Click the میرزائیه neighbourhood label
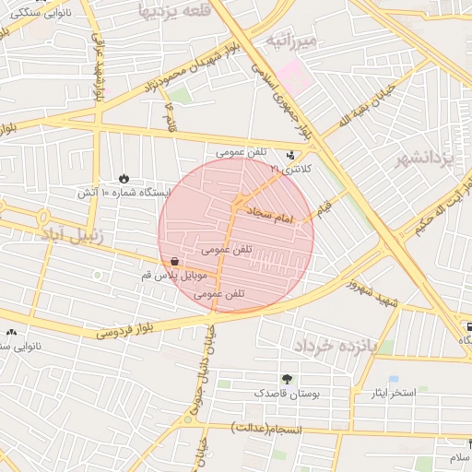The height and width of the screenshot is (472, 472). (292, 42)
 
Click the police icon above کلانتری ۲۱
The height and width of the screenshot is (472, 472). (292, 155)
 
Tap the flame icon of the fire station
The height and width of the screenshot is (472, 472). (124, 177)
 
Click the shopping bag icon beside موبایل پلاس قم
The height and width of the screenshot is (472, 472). (174, 262)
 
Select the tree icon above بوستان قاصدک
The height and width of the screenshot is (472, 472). (288, 378)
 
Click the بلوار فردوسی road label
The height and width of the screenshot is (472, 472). (138, 325)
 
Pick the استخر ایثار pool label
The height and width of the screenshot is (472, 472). (416, 393)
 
